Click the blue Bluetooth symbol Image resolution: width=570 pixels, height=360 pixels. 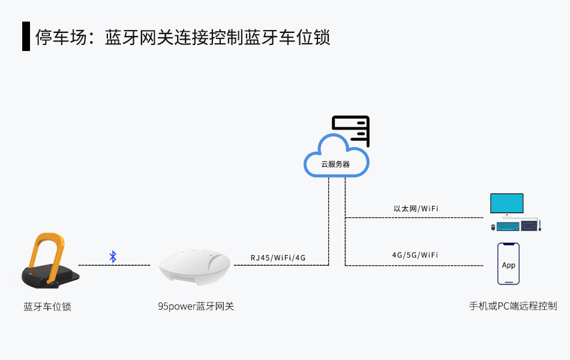113,257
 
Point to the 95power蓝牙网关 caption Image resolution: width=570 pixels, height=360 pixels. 196,307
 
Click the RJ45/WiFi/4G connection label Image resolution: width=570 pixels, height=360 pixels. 278,258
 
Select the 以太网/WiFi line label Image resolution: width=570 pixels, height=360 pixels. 415,209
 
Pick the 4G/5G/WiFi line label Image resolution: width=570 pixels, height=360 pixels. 415,255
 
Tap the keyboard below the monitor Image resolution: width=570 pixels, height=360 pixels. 508,226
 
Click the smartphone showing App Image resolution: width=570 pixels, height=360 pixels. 508,264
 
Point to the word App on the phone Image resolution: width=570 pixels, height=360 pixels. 508,265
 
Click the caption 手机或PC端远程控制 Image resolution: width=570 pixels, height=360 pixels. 512,306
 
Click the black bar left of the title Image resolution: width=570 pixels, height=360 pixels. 26,37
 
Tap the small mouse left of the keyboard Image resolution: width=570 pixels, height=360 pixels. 493,227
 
